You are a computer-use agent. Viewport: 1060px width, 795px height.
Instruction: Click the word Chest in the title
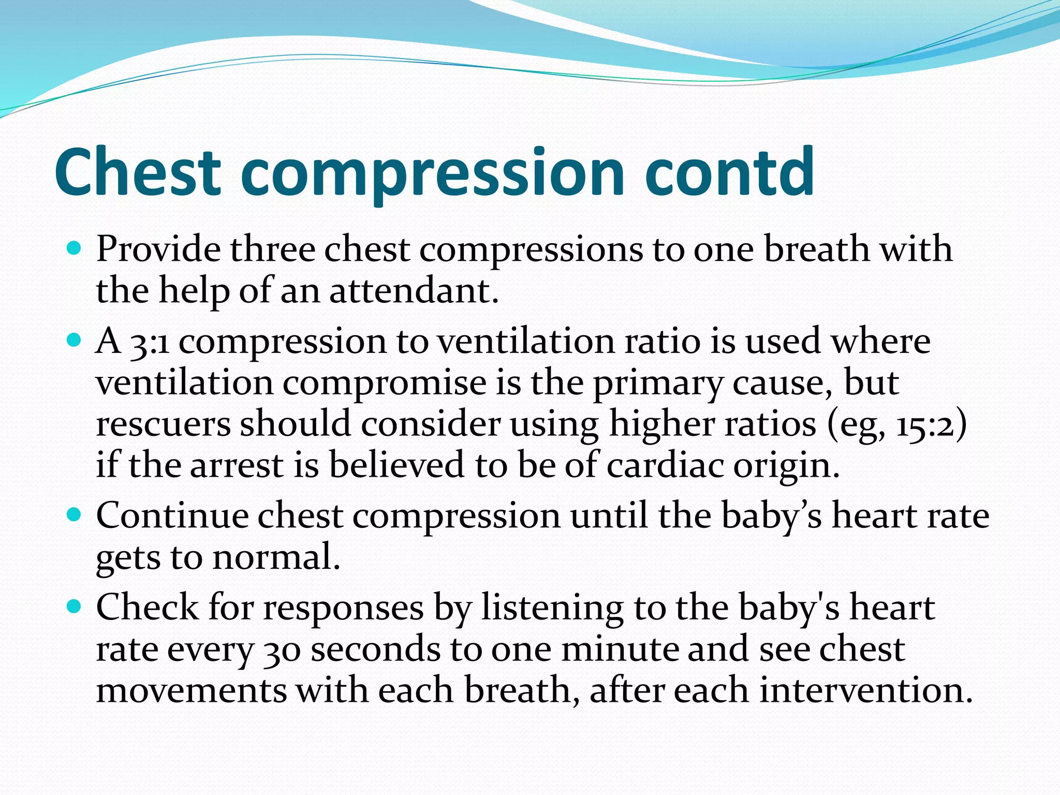click(x=138, y=172)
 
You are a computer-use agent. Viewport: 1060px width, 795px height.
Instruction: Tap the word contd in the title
click(x=730, y=172)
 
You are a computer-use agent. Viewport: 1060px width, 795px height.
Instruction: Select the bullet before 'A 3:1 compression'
click(x=75, y=341)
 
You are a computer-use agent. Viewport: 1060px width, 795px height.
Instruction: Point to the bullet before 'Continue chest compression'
click(x=75, y=516)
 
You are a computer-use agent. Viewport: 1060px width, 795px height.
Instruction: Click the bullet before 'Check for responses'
click(x=75, y=607)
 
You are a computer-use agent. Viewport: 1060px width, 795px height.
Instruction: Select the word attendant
click(x=414, y=291)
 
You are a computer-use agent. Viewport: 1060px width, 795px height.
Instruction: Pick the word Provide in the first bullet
click(x=158, y=249)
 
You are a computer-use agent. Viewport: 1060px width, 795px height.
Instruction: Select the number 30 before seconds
click(x=282, y=650)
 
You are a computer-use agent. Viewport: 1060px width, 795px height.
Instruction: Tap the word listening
click(x=552, y=609)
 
